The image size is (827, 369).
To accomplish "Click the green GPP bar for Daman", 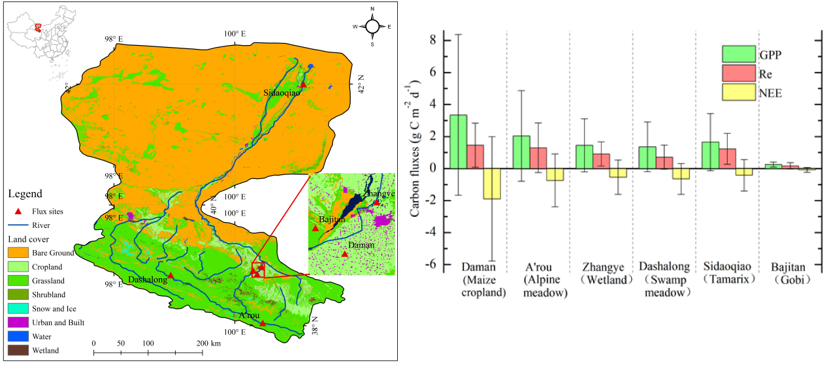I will (x=458, y=142).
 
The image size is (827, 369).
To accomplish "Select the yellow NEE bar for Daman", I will (x=492, y=184).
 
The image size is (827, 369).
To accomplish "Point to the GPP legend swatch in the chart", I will (x=734, y=53).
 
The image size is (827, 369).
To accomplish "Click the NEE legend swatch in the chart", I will (x=734, y=92).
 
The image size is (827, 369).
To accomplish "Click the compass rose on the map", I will (x=372, y=26).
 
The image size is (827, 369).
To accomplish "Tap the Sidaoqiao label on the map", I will (x=282, y=93).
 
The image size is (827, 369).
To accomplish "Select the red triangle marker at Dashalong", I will (x=170, y=276).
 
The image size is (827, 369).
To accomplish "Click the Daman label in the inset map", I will (x=361, y=245).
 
